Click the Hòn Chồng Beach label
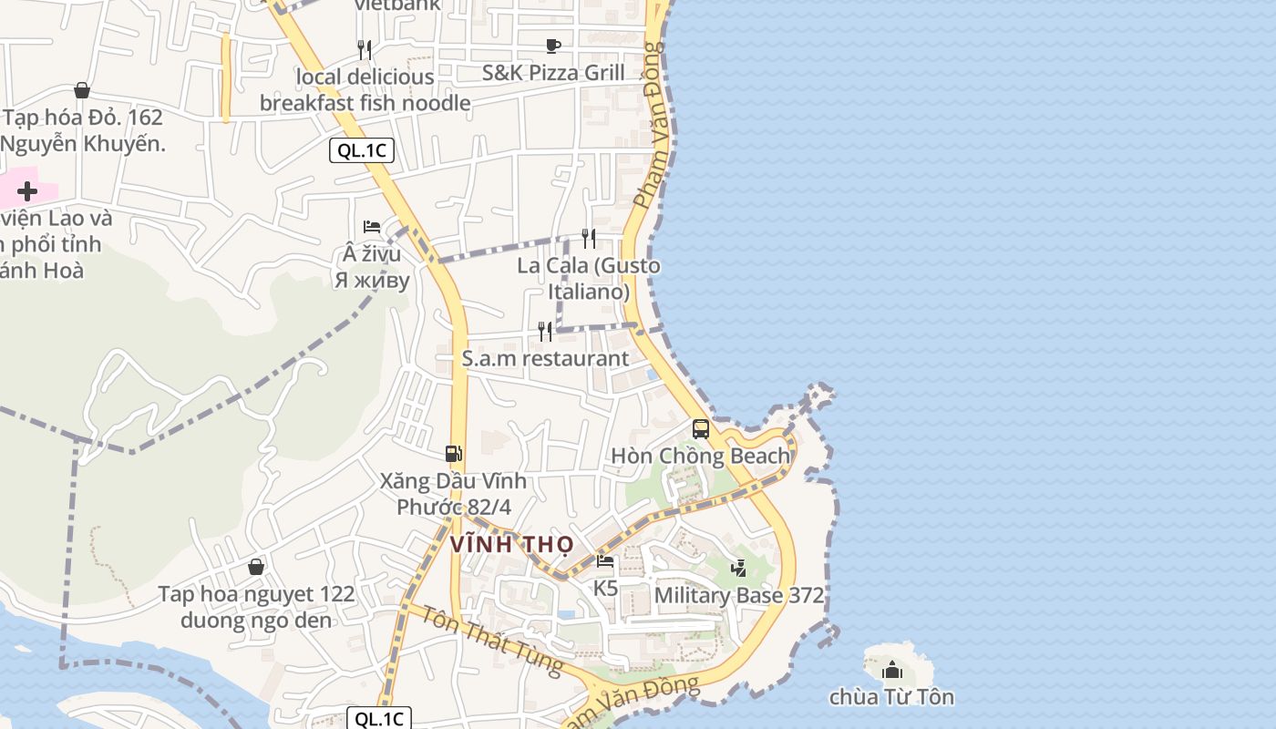(x=700, y=456)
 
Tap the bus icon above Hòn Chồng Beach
(x=700, y=428)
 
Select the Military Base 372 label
(x=739, y=596)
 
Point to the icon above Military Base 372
(x=739, y=568)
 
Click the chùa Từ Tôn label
(x=891, y=697)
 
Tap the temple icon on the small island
(x=891, y=671)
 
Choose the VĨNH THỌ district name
(x=512, y=545)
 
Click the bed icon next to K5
(x=605, y=561)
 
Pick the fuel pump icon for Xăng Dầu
(x=453, y=453)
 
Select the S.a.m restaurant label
(x=545, y=358)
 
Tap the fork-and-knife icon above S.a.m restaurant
(x=545, y=331)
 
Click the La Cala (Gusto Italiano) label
(x=589, y=279)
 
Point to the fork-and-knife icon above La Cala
(x=589, y=239)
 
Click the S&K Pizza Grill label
(x=553, y=73)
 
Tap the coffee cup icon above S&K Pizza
(x=552, y=46)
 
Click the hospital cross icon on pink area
(x=27, y=191)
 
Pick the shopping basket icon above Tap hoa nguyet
(x=256, y=567)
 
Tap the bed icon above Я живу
(x=372, y=227)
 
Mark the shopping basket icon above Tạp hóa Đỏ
(x=82, y=90)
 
